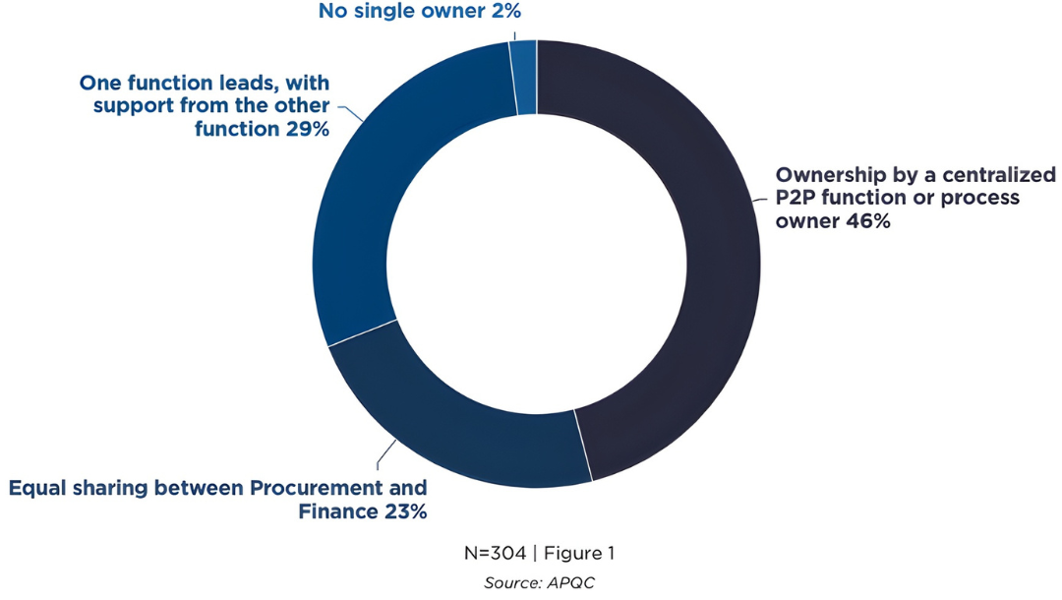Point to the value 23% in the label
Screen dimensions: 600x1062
402,511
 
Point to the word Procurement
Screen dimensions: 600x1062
319,489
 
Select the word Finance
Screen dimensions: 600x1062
336,511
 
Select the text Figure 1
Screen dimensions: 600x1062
580,553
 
